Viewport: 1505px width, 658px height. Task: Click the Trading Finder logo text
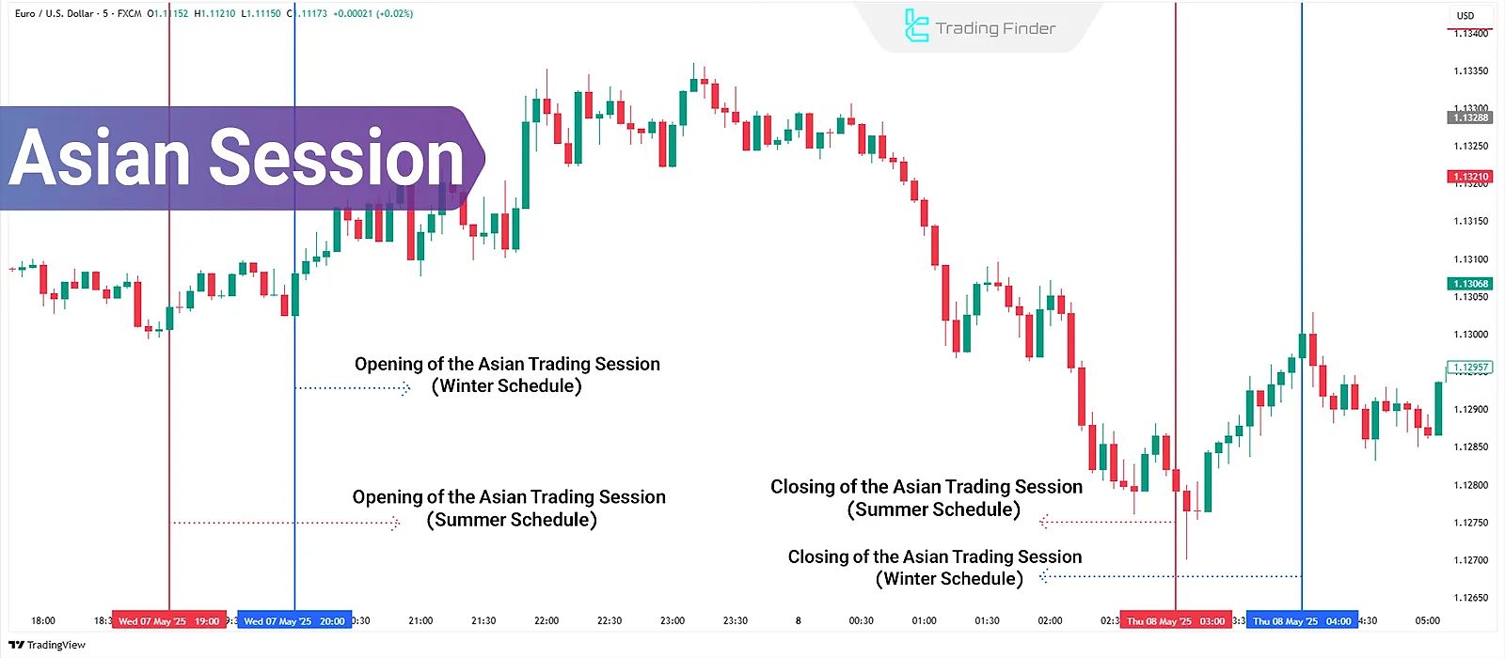tap(994, 28)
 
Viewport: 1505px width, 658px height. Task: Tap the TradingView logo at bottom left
tap(47, 645)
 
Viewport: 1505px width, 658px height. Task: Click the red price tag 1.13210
tap(1469, 177)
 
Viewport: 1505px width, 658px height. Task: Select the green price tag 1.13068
tap(1469, 284)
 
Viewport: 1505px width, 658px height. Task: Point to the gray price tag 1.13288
tap(1469, 117)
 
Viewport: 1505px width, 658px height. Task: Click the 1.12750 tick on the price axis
tap(1471, 523)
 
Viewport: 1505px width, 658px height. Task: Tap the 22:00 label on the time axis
tap(547, 620)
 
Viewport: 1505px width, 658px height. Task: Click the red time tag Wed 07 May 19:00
tap(169, 621)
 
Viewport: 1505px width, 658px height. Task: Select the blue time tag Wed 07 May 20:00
tap(294, 621)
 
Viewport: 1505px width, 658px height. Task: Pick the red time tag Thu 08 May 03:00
tap(1176, 621)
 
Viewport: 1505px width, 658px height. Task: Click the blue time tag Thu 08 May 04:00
tap(1302, 621)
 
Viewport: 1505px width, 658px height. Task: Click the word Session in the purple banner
tap(336, 158)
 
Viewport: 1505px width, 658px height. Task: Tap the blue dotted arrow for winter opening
tap(353, 387)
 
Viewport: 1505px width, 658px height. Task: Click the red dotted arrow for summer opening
tap(286, 523)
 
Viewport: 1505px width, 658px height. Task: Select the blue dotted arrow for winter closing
tap(1170, 576)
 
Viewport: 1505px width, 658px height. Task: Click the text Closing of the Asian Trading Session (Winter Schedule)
tap(935, 568)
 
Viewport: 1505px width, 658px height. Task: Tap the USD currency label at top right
tap(1465, 15)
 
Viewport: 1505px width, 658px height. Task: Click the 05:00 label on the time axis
tap(1428, 620)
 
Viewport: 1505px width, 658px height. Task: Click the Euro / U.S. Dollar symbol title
tap(55, 13)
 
